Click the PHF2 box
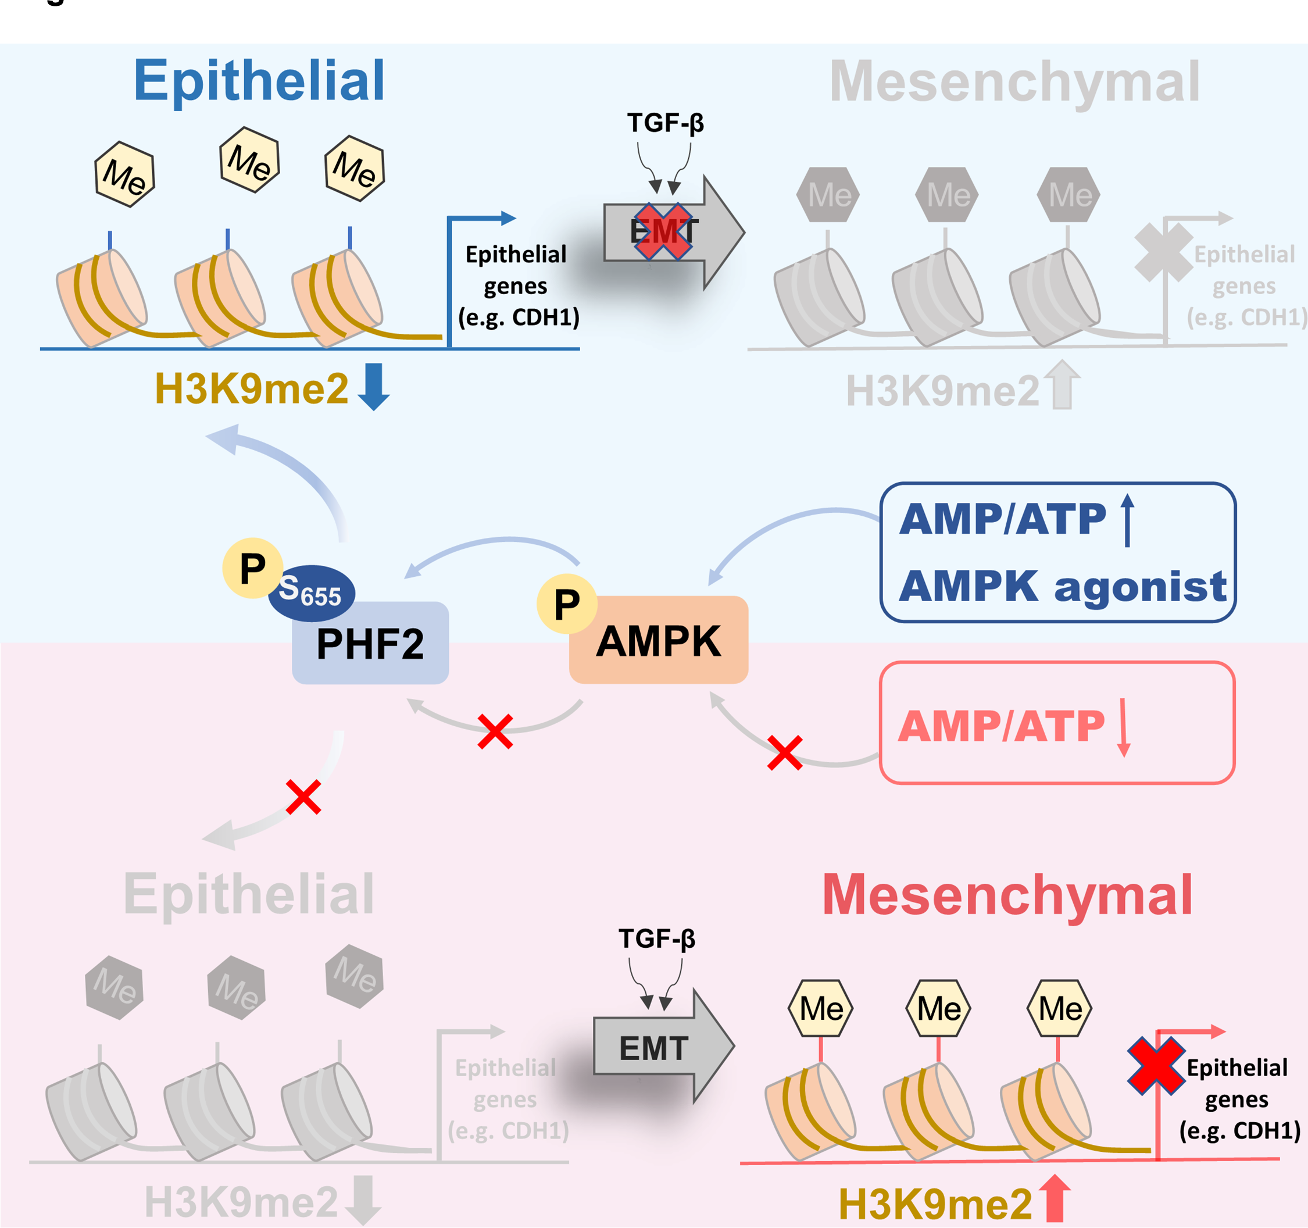point(370,643)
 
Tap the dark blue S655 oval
point(311,592)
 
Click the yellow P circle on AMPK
point(566,604)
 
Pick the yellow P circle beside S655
point(253,568)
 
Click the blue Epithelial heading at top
point(259,81)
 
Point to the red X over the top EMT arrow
point(663,231)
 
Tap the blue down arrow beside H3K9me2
point(374,386)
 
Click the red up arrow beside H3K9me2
point(1055,1199)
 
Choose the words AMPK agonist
point(1063,586)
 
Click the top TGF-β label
point(665,123)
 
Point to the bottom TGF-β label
point(657,938)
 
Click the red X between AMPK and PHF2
point(495,731)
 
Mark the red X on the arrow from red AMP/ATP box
point(784,752)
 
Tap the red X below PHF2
point(303,797)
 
